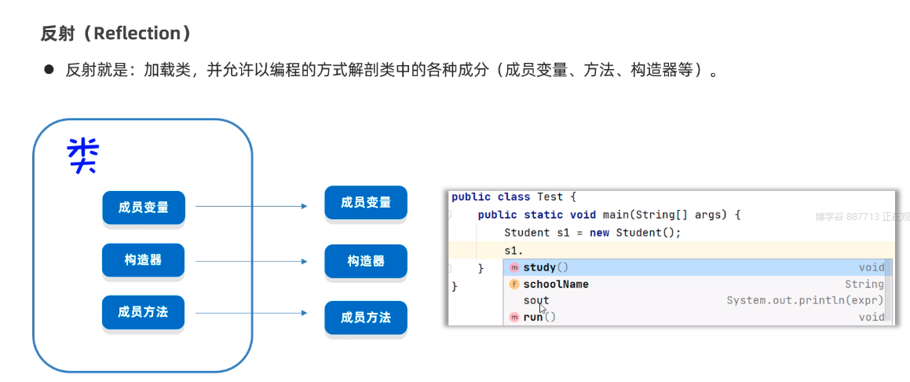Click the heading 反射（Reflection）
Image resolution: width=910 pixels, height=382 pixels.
coord(115,33)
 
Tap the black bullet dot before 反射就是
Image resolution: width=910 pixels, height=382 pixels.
coord(48,70)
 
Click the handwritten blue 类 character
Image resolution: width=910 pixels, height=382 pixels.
coord(82,155)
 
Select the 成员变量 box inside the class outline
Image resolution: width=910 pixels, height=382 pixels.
coord(143,208)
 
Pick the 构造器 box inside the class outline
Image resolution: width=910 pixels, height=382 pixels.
coord(143,259)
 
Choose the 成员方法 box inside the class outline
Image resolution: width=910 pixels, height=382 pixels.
coord(143,312)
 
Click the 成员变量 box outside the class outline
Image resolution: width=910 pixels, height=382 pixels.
coord(366,203)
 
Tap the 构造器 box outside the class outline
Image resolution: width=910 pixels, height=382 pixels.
coord(366,261)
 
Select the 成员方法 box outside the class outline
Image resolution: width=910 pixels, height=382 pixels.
coord(366,318)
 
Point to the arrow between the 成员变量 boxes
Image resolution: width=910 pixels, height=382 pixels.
coord(251,206)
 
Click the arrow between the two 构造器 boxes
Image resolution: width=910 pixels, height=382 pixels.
coord(251,261)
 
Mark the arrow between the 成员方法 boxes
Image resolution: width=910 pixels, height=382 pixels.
coord(251,314)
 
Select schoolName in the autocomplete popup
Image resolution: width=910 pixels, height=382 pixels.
coord(556,284)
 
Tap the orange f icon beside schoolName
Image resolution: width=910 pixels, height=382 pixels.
coord(514,284)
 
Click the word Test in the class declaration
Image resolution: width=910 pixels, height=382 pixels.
coord(552,197)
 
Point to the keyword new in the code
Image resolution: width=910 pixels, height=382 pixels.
coord(600,233)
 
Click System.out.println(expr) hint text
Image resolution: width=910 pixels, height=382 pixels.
coord(805,300)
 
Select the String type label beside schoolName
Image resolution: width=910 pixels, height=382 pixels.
coord(864,284)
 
